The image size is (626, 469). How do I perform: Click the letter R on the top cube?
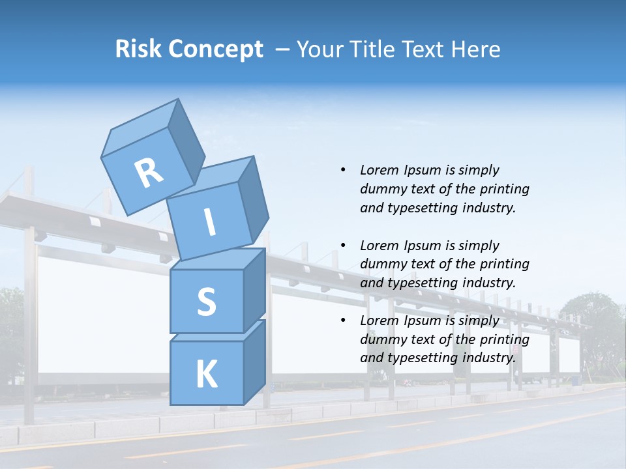(x=149, y=173)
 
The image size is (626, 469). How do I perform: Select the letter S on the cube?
(x=206, y=302)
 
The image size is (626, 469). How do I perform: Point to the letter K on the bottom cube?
(x=206, y=375)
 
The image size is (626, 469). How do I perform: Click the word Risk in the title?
(x=140, y=50)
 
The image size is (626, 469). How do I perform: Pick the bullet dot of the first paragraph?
(x=343, y=171)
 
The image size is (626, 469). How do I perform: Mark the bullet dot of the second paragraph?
(x=343, y=246)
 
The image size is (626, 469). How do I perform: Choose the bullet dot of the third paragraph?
(x=343, y=321)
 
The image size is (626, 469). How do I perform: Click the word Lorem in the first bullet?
(x=379, y=171)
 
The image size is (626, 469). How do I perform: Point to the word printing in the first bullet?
(x=504, y=190)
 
